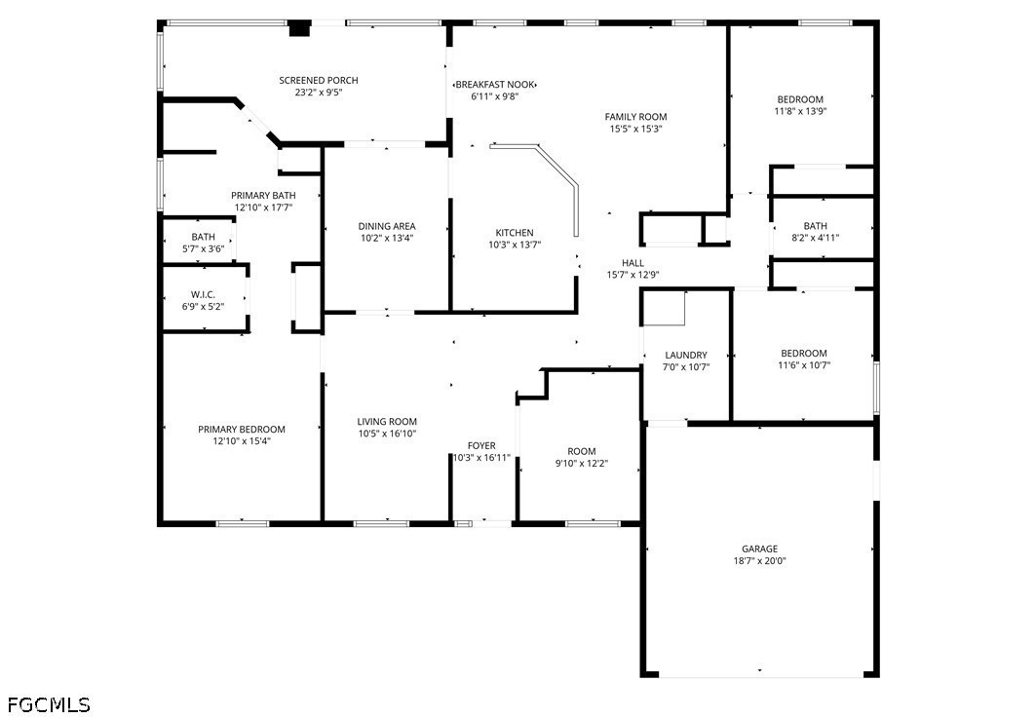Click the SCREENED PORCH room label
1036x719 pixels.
[x=319, y=81]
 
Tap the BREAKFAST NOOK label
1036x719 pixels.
[x=495, y=85]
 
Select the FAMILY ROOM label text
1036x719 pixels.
[x=635, y=117]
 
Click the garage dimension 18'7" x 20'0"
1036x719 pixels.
[x=759, y=561]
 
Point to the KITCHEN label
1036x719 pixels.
[x=515, y=233]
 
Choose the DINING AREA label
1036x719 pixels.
[x=387, y=226]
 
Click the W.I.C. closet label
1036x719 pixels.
[x=203, y=294]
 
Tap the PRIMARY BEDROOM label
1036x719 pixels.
[x=242, y=429]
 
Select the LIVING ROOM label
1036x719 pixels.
[x=387, y=421]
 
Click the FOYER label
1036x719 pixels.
[x=481, y=445]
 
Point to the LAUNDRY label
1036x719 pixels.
[x=686, y=355]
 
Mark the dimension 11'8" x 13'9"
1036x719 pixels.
[x=800, y=112]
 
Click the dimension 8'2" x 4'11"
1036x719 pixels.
[x=816, y=238]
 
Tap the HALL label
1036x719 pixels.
[x=633, y=263]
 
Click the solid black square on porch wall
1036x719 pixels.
[x=300, y=29]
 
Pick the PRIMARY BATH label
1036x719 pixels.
[x=263, y=196]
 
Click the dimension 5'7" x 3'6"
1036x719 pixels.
[x=204, y=248]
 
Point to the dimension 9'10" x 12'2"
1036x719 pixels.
[x=582, y=464]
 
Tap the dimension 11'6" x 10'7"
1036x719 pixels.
[x=804, y=365]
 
